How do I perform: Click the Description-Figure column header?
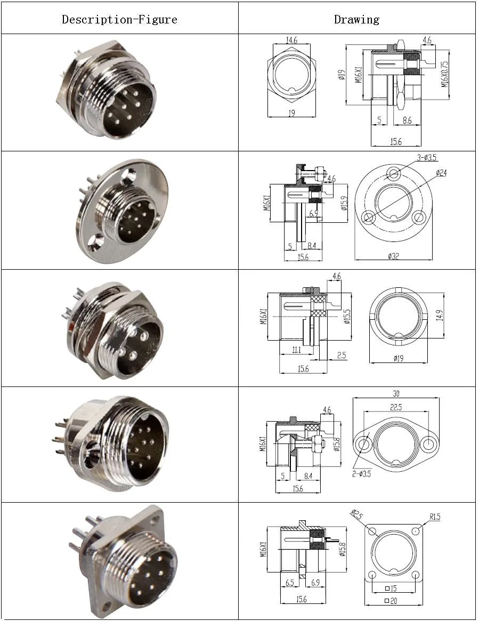[x=119, y=20]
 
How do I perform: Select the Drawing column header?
[x=356, y=20]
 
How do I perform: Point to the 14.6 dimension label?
[x=291, y=41]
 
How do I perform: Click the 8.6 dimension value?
[x=407, y=121]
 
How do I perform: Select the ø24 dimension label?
[x=441, y=173]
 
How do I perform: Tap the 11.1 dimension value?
[x=297, y=350]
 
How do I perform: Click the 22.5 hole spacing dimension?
[x=395, y=407]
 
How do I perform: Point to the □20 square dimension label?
[x=393, y=602]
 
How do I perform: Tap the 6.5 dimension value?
[x=290, y=583]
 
